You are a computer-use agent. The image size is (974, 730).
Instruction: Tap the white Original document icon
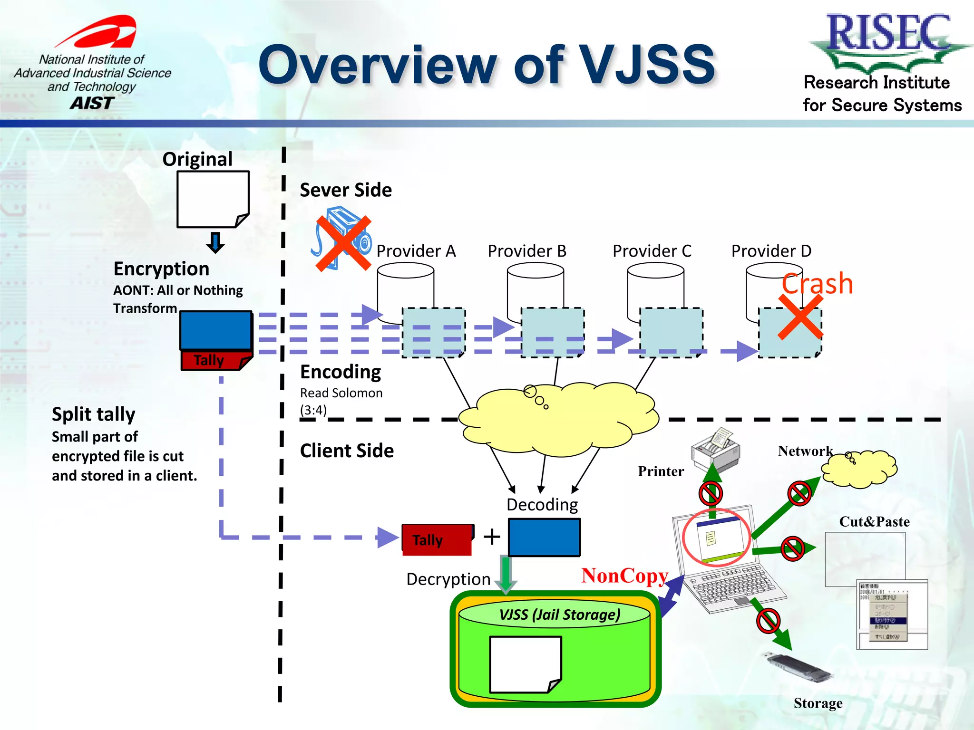pos(213,199)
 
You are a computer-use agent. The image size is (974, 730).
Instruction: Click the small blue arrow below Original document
pos(215,242)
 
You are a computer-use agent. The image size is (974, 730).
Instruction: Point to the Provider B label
pos(527,251)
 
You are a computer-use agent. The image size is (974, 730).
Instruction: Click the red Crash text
pos(817,284)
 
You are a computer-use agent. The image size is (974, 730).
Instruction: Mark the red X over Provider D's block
pos(800,317)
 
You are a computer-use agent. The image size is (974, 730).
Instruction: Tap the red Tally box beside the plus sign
pos(437,540)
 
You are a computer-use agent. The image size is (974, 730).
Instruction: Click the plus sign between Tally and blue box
pos(492,537)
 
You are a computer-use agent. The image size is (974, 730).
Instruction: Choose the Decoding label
pos(542,504)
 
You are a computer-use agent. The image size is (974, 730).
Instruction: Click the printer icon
pos(716,448)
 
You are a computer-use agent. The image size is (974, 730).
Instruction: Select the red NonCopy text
pos(624,576)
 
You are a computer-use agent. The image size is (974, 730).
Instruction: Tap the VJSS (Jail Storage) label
pos(560,615)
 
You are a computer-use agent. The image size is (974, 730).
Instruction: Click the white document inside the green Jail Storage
pos(525,664)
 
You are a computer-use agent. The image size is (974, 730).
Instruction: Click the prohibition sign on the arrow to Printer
pos(711,493)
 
